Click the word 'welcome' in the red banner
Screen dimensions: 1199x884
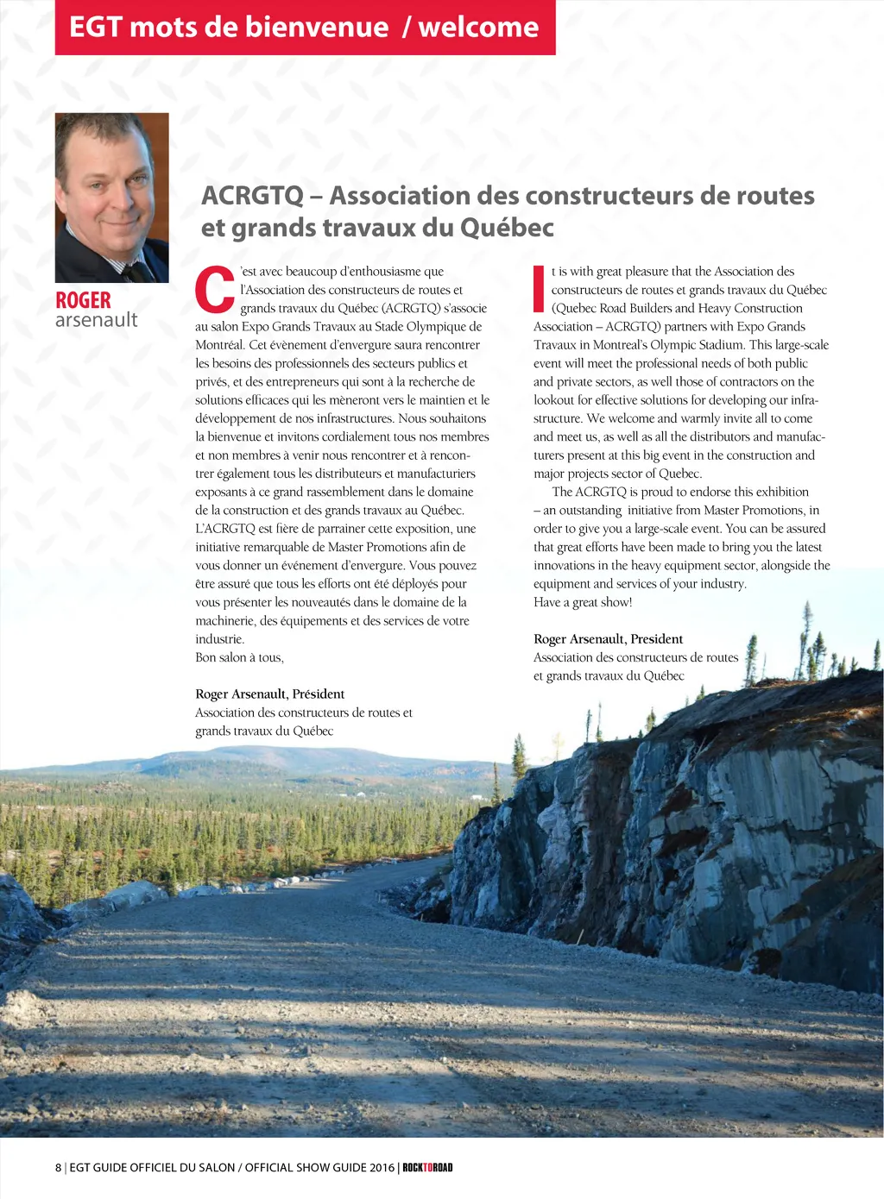click(x=478, y=27)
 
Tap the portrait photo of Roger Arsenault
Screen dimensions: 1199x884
click(x=111, y=197)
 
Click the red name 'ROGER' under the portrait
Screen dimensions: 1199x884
click(x=83, y=300)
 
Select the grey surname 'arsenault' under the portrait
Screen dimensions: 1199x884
click(x=96, y=320)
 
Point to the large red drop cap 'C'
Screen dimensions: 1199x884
click(x=214, y=290)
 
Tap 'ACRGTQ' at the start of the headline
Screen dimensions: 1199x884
click(x=252, y=196)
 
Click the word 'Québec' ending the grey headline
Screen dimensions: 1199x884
click(x=507, y=228)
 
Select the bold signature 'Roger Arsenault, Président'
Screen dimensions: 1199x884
click(x=269, y=694)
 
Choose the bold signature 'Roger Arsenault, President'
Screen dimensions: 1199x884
click(x=608, y=639)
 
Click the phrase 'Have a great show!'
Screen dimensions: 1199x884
click(x=583, y=602)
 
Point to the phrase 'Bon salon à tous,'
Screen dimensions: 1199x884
click(x=239, y=657)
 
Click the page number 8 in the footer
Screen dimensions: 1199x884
click(x=59, y=1167)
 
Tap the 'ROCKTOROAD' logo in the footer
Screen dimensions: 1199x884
click(x=427, y=1167)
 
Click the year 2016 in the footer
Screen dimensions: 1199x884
click(x=382, y=1167)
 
